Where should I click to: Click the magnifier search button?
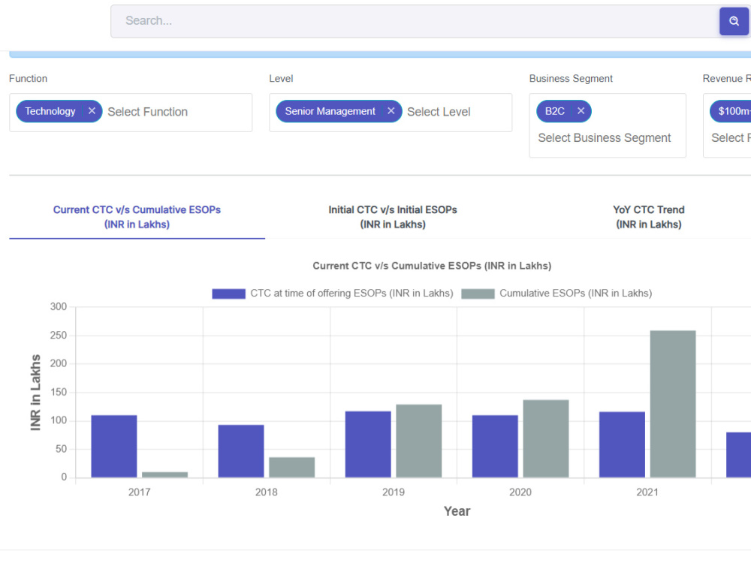734,21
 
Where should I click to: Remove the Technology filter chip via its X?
92,111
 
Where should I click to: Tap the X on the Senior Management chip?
391,111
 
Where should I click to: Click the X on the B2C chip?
581,111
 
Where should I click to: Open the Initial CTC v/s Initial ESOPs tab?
393,217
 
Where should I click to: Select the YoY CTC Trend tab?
649,217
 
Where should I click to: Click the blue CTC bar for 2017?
114,446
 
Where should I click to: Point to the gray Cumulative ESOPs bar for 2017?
164,474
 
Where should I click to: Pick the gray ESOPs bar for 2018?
291,467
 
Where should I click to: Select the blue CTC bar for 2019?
368,444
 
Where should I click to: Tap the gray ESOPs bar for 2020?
545,438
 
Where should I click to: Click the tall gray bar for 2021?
673,404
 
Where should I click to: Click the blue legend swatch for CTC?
228,294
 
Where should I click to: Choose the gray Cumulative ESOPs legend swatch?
478,294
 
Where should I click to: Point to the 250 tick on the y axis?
59,335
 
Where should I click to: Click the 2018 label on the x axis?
267,492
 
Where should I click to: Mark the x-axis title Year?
457,511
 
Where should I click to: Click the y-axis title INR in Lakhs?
35,393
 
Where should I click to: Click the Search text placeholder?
149,20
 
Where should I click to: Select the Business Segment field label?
571,79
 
